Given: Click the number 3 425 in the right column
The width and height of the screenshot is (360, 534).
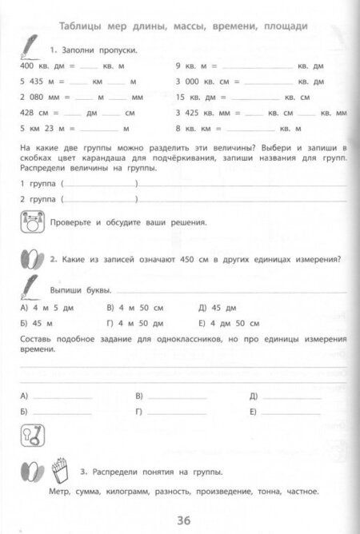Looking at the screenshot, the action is pos(191,112).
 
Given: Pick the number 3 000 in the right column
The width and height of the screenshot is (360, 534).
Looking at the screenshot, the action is pos(191,82).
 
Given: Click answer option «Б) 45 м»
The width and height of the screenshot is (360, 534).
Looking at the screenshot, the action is pos(35,322).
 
